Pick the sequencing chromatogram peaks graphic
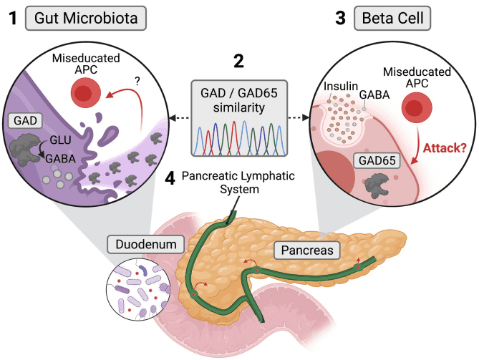(238, 139)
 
